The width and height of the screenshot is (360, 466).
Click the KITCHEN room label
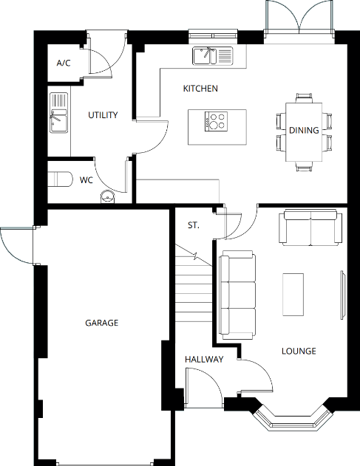200,89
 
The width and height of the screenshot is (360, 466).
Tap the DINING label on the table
304,131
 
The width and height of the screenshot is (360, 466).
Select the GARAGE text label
101,323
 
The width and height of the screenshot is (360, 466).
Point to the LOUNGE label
299,351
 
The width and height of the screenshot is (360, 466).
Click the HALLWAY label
204,360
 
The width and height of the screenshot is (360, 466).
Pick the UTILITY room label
103,115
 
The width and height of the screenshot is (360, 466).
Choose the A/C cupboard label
64,64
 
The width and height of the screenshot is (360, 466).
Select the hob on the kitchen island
216,120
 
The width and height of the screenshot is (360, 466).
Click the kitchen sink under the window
211,55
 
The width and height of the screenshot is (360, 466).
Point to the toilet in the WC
59,179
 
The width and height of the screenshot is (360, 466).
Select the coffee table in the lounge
293,294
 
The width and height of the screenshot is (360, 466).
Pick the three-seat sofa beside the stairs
238,295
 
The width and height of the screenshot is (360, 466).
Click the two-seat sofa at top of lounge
311,228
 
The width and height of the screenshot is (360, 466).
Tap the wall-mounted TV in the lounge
342,295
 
